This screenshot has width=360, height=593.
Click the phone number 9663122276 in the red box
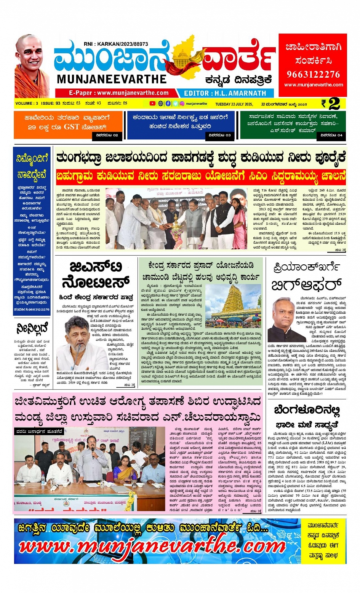[313, 74]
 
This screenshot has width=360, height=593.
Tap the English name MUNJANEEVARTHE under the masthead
[112, 79]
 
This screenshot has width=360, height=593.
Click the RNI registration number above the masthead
[116, 44]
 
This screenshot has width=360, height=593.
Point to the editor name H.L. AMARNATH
[225, 93]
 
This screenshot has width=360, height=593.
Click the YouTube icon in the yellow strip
[152, 104]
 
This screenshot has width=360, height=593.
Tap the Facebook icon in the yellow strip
[168, 104]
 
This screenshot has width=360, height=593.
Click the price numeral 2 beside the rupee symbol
[334, 104]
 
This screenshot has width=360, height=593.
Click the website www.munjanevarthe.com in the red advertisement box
[313, 85]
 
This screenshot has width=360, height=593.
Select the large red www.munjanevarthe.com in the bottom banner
[152, 547]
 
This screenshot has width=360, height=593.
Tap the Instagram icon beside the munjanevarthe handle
[182, 104]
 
